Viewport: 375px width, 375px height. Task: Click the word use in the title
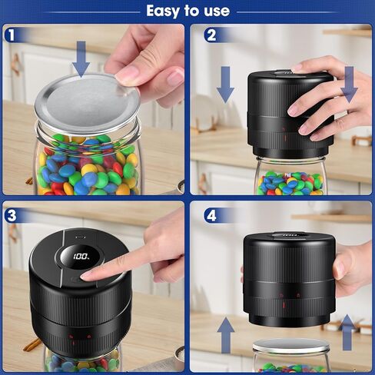[217, 11]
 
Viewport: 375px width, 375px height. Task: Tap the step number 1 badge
[11, 35]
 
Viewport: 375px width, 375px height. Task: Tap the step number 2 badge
[211, 35]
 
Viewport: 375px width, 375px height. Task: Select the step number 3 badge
[12, 215]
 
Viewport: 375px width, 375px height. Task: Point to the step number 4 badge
[211, 216]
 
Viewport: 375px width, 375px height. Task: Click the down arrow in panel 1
[81, 59]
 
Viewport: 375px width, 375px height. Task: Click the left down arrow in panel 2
[225, 85]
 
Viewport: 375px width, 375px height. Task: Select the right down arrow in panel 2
[349, 85]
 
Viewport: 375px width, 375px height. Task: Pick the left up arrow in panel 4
[226, 335]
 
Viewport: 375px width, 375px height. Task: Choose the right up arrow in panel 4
[347, 332]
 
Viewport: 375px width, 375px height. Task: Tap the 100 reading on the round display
[81, 257]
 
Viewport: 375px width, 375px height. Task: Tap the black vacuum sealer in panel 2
[290, 114]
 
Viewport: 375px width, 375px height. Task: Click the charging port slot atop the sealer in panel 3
[81, 237]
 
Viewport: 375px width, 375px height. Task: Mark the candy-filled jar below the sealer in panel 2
[291, 176]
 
